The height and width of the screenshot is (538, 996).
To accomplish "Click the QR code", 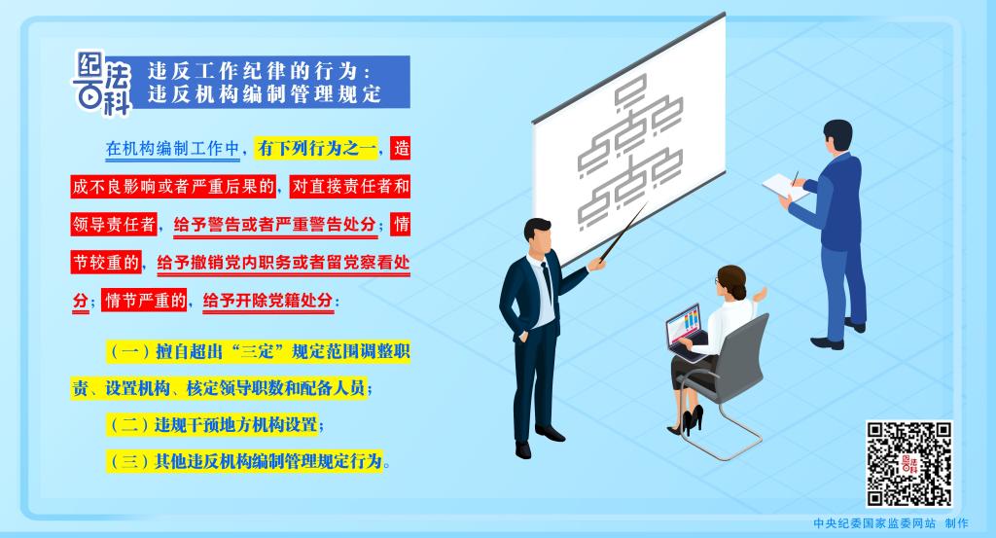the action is tap(909, 464).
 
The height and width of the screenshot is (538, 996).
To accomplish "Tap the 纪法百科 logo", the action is tap(102, 84).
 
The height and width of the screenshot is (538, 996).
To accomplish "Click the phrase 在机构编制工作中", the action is tap(173, 149).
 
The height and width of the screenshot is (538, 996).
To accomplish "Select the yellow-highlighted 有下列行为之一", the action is tap(316, 149).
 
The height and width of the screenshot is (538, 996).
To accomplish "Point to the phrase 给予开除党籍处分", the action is tap(267, 301).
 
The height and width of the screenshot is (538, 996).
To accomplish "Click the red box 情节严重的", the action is tap(145, 300).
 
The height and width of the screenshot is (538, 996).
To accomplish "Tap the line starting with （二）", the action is tap(214, 424).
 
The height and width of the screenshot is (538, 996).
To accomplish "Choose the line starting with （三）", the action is tap(248, 460).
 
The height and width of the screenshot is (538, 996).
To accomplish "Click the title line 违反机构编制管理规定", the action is tap(265, 94).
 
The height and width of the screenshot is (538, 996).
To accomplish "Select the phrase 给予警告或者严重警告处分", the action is tap(275, 225).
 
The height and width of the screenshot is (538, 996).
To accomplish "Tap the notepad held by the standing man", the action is tap(785, 187).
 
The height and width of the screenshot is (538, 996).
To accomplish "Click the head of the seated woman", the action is tap(731, 281).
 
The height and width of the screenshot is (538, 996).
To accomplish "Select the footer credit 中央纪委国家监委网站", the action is tap(874, 523).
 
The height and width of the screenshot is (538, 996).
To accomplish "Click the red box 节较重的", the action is tap(107, 263).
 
